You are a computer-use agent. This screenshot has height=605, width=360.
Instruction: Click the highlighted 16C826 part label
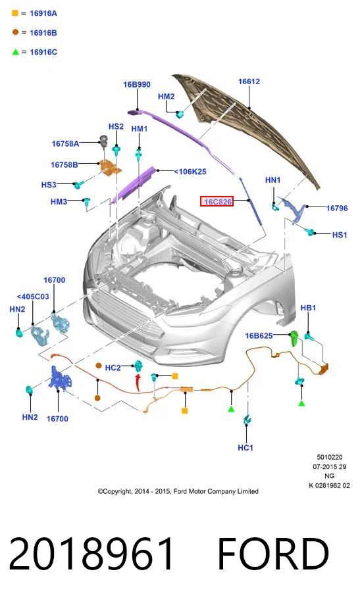(217, 201)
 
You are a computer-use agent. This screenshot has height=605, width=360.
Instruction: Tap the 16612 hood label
(249, 82)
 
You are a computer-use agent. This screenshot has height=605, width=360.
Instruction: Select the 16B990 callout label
(137, 84)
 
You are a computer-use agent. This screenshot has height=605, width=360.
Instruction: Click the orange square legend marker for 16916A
(15, 12)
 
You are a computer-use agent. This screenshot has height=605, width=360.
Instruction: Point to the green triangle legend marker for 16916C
(15, 52)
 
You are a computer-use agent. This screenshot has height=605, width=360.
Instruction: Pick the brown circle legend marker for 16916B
(15, 32)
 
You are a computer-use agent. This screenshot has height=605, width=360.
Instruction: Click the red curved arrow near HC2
(138, 382)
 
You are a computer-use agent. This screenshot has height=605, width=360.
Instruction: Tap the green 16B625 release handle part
(294, 339)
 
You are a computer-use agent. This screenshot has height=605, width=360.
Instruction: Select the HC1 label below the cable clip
(245, 448)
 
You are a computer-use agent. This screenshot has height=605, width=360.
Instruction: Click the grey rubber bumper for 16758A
(103, 139)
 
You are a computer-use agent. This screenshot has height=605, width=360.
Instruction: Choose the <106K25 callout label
(190, 172)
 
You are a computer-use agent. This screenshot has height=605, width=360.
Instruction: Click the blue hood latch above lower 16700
(59, 378)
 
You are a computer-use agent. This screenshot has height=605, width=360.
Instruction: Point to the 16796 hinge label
(337, 208)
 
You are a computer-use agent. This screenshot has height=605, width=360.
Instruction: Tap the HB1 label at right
(308, 308)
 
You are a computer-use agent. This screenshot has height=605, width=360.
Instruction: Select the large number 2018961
(91, 553)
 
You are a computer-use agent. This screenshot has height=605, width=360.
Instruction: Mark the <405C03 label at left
(33, 297)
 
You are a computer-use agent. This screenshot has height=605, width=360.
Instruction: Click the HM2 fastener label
(166, 96)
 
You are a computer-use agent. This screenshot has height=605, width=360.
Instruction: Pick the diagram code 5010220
(330, 457)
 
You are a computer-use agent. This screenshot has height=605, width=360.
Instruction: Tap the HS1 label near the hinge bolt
(340, 235)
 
